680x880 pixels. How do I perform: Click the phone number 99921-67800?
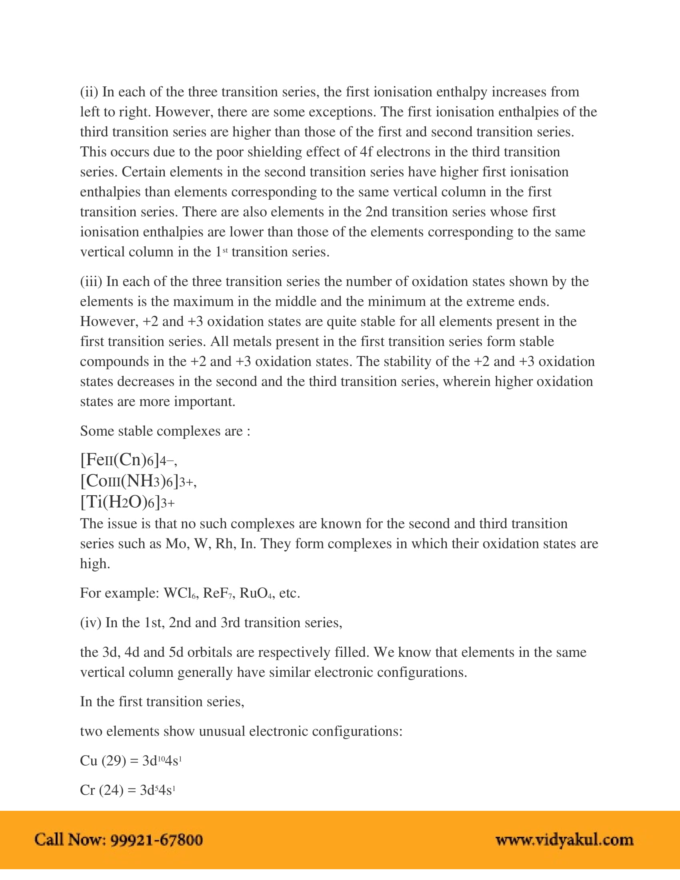[x=156, y=840]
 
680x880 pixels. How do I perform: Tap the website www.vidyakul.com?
[x=564, y=840]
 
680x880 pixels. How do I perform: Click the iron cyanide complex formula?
[x=128, y=460]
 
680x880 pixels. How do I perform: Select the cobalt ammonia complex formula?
[x=138, y=481]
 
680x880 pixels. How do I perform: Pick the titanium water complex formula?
[x=127, y=502]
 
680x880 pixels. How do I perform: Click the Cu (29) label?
[x=103, y=760]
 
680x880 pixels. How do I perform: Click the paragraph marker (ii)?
[x=89, y=92]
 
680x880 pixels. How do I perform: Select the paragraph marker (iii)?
[x=91, y=281]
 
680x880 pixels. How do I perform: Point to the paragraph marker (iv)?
[x=91, y=622]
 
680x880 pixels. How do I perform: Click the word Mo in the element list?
[x=175, y=544]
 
